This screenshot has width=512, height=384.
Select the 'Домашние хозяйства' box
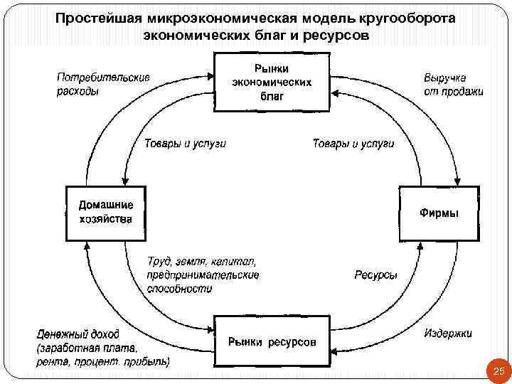point(105,212)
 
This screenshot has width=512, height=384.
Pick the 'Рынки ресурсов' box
point(271,342)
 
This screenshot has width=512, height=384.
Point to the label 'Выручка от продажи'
point(453,85)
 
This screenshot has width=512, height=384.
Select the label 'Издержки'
point(448,333)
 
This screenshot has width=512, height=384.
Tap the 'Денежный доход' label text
point(78,334)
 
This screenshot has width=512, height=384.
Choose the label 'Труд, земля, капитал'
point(201,262)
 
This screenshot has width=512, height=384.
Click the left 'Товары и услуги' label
point(185,144)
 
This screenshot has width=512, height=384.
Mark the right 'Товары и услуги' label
point(353,144)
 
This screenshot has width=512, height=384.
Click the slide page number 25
point(498,371)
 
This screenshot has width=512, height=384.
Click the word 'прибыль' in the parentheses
point(149,361)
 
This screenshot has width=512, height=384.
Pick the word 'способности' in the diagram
point(180,289)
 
